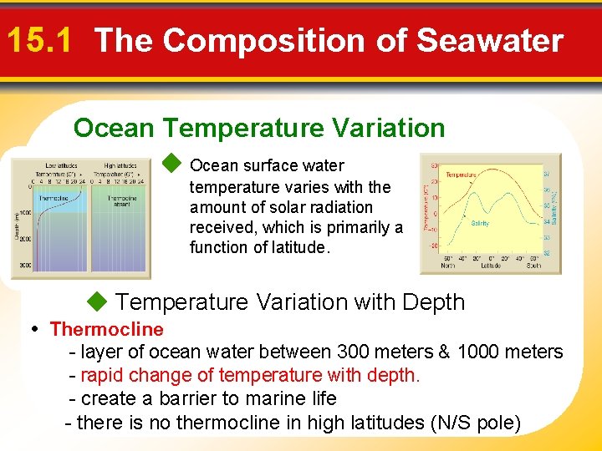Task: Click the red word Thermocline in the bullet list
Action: click(x=106, y=329)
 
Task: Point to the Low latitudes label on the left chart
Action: click(x=61, y=165)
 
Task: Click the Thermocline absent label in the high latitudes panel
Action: click(x=121, y=201)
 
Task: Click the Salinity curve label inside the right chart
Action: click(x=480, y=224)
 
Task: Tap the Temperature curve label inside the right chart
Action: click(x=462, y=175)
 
